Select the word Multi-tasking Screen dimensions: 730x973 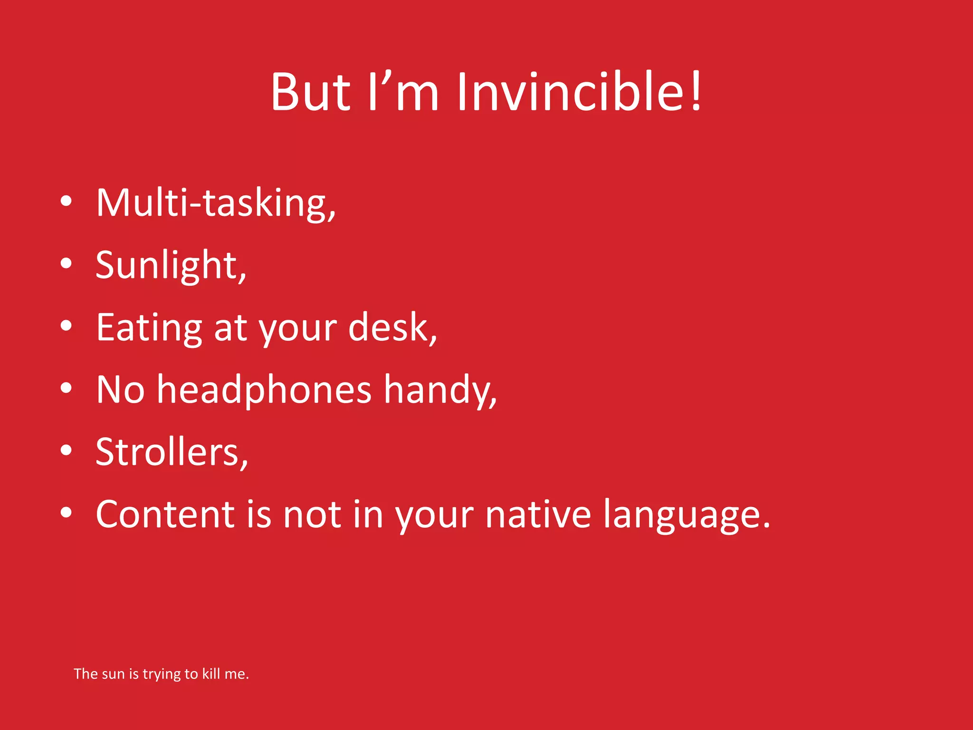(215, 203)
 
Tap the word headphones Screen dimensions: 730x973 (264, 390)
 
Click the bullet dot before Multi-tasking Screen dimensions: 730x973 (66, 201)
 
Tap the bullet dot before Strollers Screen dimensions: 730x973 (66, 450)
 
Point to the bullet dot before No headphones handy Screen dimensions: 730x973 (66, 388)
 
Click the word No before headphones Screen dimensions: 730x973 (120, 390)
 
